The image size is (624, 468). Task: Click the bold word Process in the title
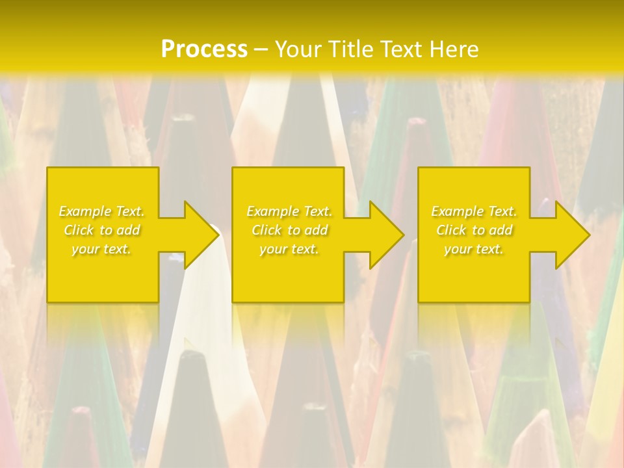204,49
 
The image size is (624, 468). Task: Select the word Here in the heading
455,49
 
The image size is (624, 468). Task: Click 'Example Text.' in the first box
102,211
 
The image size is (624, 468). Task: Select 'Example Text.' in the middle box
289,211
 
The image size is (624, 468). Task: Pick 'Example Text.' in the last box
474,211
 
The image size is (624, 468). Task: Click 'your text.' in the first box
102,249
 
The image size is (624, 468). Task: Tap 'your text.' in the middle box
289,249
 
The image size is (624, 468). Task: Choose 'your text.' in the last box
474,249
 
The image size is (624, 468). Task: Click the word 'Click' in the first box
79,230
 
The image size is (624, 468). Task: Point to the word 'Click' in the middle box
266,230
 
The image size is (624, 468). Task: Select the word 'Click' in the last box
451,230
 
